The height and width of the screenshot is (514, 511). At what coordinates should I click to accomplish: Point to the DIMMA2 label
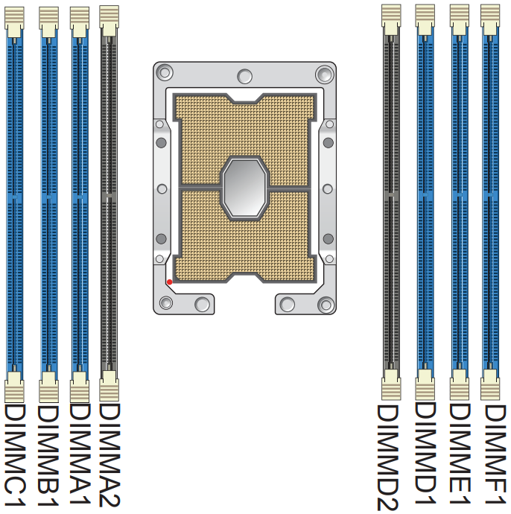(x=110, y=455)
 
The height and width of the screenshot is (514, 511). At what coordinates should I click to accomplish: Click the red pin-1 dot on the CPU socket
(x=170, y=282)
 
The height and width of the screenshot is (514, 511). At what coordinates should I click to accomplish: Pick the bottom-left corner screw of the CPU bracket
(x=165, y=302)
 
